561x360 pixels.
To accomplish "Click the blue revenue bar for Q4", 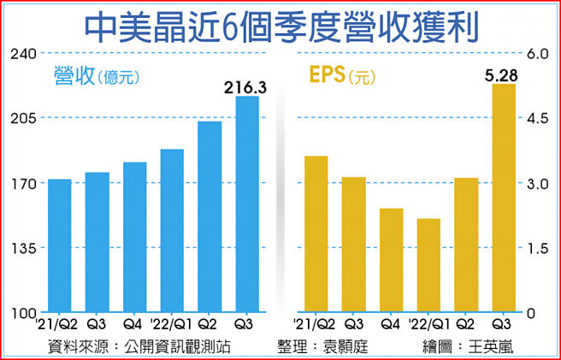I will pyautogui.click(x=135, y=238).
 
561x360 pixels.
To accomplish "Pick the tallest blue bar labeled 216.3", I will pyautogui.click(x=247, y=205).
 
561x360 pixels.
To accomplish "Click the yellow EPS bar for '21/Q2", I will pyautogui.click(x=316, y=234).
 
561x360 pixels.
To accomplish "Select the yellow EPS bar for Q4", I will pyautogui.click(x=392, y=261).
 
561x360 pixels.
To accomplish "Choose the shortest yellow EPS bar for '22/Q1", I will pyautogui.click(x=428, y=266).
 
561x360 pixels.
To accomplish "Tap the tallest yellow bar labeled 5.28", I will pyautogui.click(x=504, y=198).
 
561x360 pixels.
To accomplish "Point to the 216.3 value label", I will pyautogui.click(x=245, y=86).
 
